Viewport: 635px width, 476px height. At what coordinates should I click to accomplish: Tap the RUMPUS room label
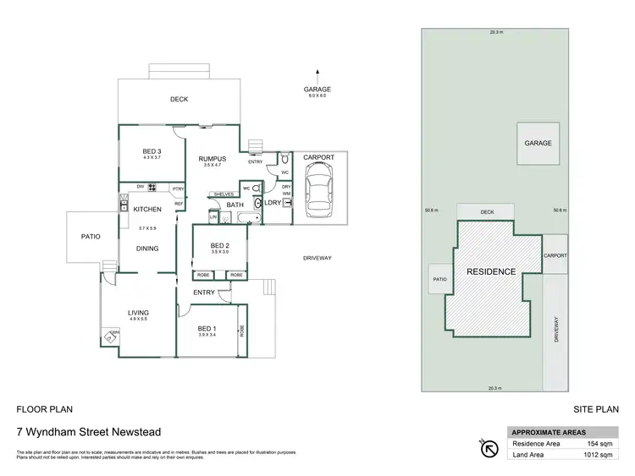tap(212, 158)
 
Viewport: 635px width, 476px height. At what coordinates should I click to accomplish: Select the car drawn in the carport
tap(319, 188)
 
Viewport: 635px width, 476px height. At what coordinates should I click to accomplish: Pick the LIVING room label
tap(138, 312)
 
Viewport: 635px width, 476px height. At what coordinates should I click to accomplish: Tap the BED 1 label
tap(207, 328)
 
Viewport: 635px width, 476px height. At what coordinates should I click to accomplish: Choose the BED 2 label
tap(220, 245)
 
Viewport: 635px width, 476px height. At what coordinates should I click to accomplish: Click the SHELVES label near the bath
tap(224, 194)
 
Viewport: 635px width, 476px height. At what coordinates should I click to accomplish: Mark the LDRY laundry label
tap(273, 203)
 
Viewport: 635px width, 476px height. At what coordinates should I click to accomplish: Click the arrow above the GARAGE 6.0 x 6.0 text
tap(318, 74)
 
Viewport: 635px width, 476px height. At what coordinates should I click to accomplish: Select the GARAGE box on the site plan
tap(538, 143)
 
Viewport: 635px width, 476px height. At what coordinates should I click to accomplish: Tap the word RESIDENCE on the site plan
tap(492, 272)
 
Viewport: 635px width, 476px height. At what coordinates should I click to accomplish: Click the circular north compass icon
tap(489, 448)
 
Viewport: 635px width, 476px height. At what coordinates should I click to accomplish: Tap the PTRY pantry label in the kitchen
tap(178, 189)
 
